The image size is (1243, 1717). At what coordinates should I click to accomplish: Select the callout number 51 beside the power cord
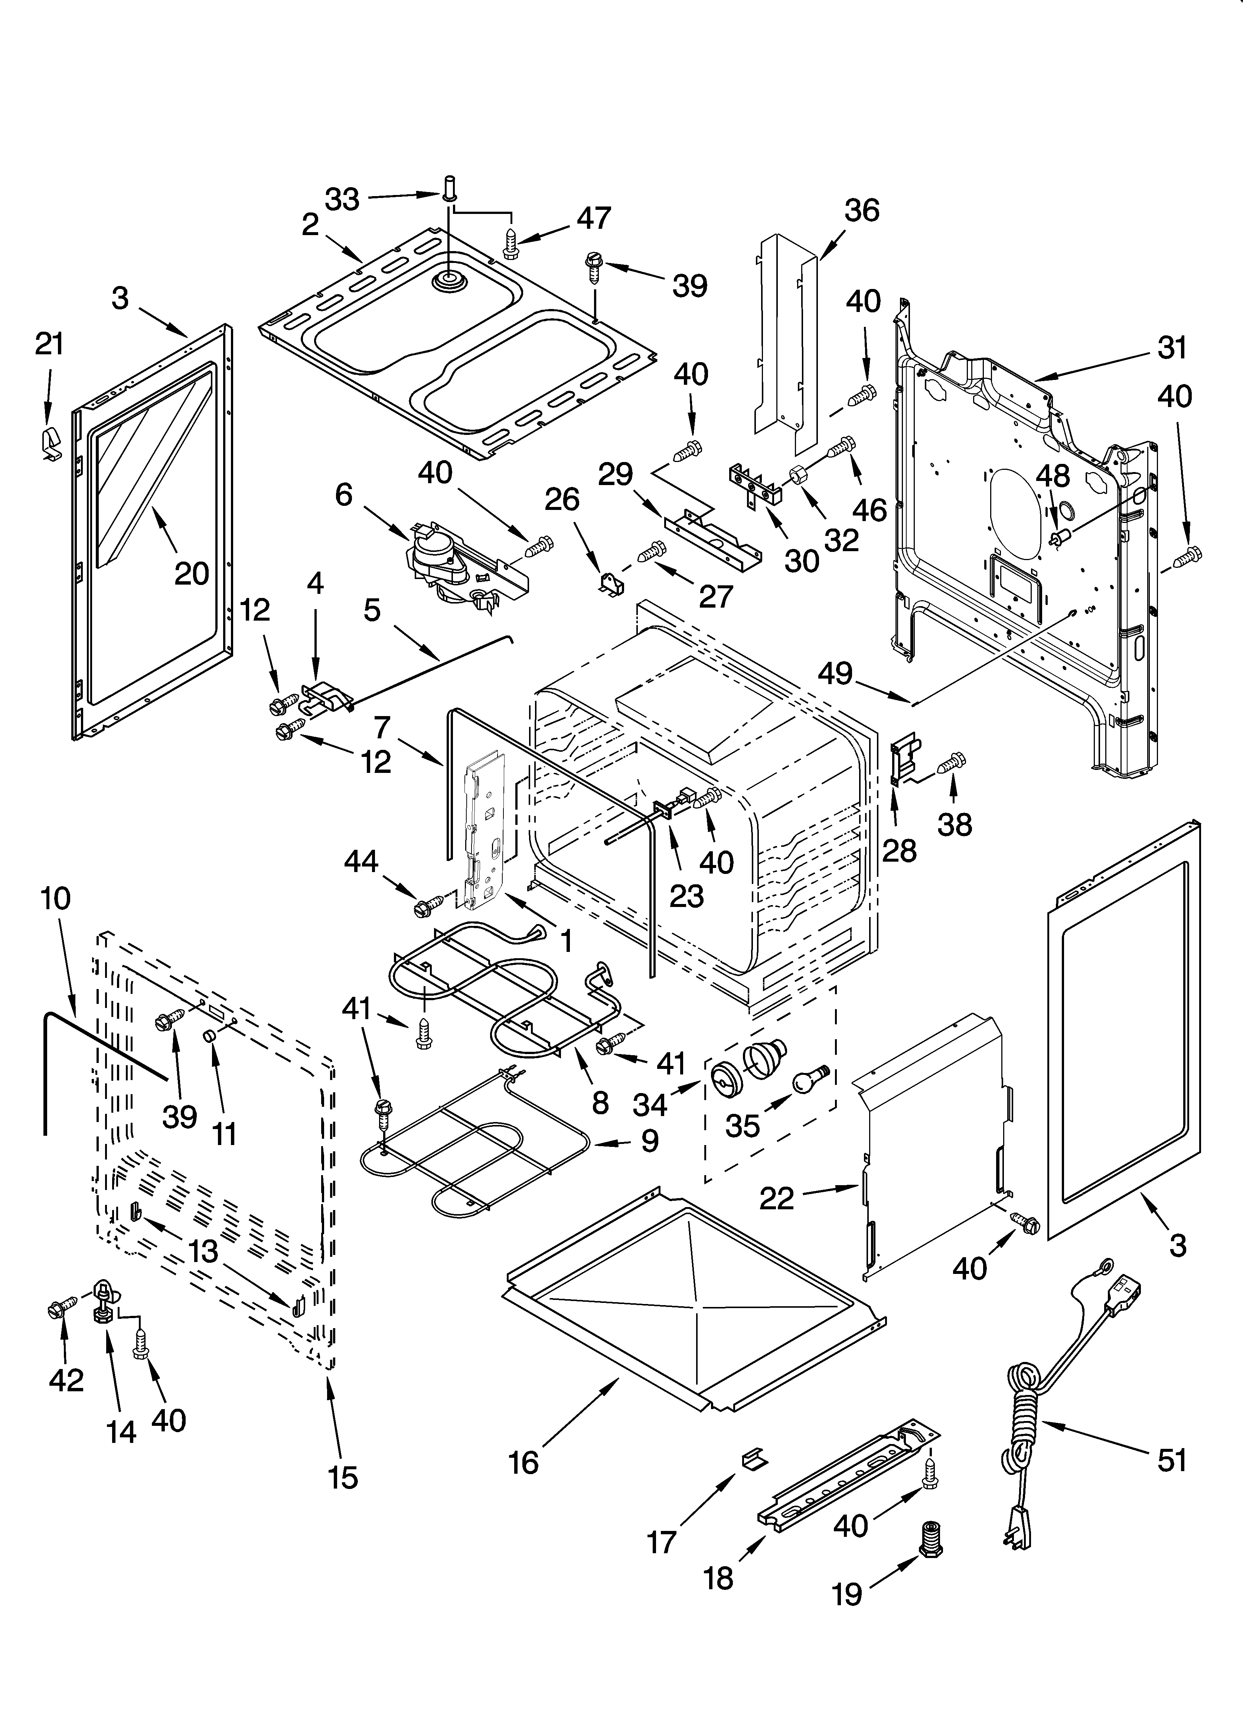[x=1172, y=1460]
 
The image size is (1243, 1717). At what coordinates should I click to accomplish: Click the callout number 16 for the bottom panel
[x=524, y=1463]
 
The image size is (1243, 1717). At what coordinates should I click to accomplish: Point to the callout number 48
[x=1052, y=475]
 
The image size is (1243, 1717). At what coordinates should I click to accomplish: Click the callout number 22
[x=777, y=1198]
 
